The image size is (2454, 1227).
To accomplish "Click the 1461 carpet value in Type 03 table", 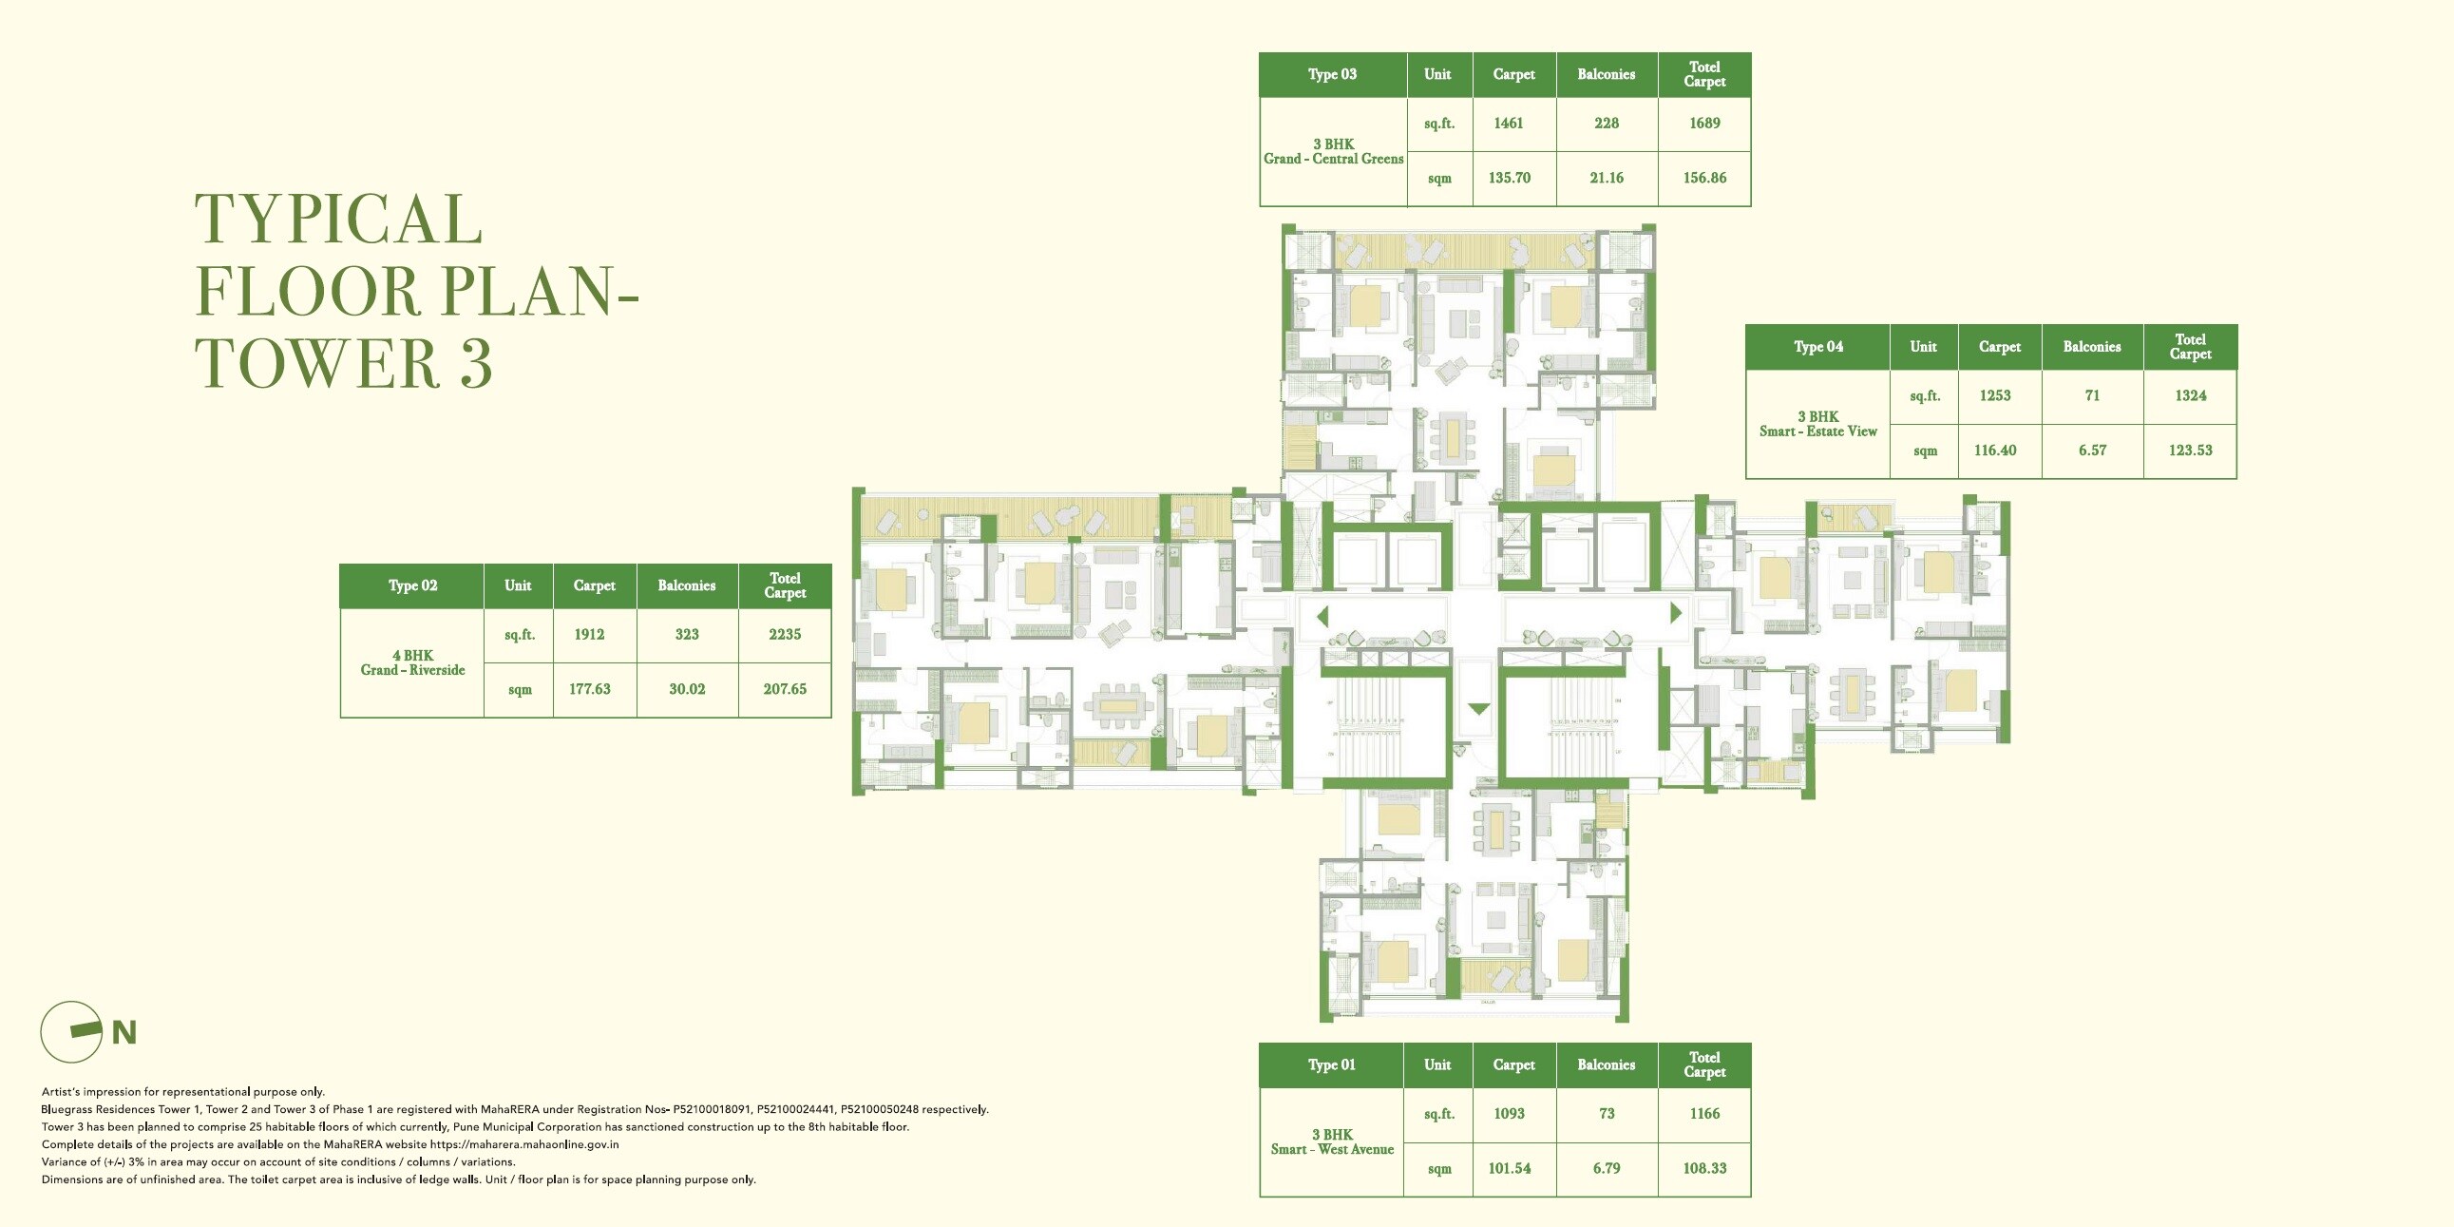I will [1508, 123].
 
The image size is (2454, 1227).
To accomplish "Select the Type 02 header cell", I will [412, 585].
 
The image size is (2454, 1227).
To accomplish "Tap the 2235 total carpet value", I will [784, 635].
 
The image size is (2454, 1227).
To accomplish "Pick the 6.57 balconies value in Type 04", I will [2092, 451].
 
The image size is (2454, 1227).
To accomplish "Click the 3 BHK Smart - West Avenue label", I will [1332, 1142].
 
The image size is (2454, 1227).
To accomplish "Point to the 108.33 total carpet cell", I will [1704, 1168].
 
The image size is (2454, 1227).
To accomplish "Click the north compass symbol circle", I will [71, 1032].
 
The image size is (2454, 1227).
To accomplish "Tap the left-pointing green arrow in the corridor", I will [1322, 617].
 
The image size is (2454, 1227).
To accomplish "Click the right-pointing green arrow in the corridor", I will [1676, 612].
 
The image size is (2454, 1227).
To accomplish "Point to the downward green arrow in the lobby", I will [1478, 709].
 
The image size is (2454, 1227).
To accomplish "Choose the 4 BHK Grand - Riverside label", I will [412, 663].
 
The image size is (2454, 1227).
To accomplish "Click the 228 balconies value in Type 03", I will [1607, 123].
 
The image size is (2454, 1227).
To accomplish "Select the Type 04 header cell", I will [1817, 347].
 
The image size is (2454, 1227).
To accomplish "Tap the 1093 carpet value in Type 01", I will [1509, 1114].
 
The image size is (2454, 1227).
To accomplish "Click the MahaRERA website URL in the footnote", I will [523, 1144].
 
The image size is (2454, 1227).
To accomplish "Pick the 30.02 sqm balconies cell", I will [687, 689].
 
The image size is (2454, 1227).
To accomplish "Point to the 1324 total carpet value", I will [2190, 395].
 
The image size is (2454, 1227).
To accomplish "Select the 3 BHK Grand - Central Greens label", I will [1333, 151].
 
